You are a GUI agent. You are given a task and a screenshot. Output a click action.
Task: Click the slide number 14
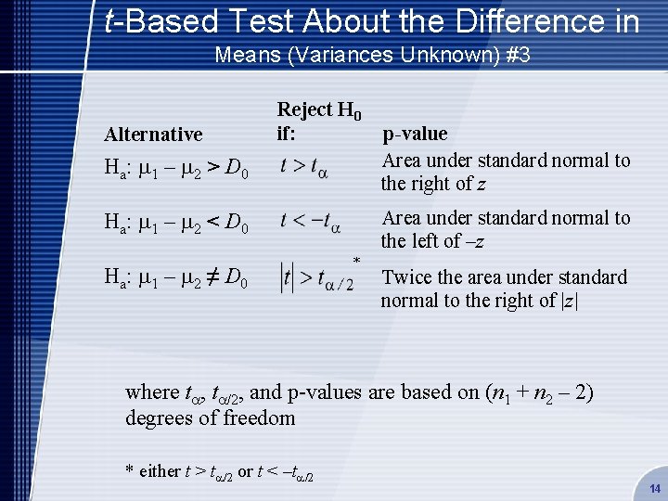[x=653, y=488]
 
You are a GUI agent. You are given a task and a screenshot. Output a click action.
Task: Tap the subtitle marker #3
[x=516, y=55]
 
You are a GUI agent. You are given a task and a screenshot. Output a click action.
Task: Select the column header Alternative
[x=153, y=135]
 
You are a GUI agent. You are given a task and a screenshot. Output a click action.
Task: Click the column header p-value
[x=415, y=134]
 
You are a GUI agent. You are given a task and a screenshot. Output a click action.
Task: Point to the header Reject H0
[x=319, y=109]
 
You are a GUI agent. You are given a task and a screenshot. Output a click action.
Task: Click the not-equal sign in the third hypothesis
[x=213, y=277]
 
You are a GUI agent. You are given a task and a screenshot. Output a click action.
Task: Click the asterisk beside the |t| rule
[x=357, y=261]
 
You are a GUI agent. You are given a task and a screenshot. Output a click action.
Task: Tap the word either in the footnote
[x=160, y=471]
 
